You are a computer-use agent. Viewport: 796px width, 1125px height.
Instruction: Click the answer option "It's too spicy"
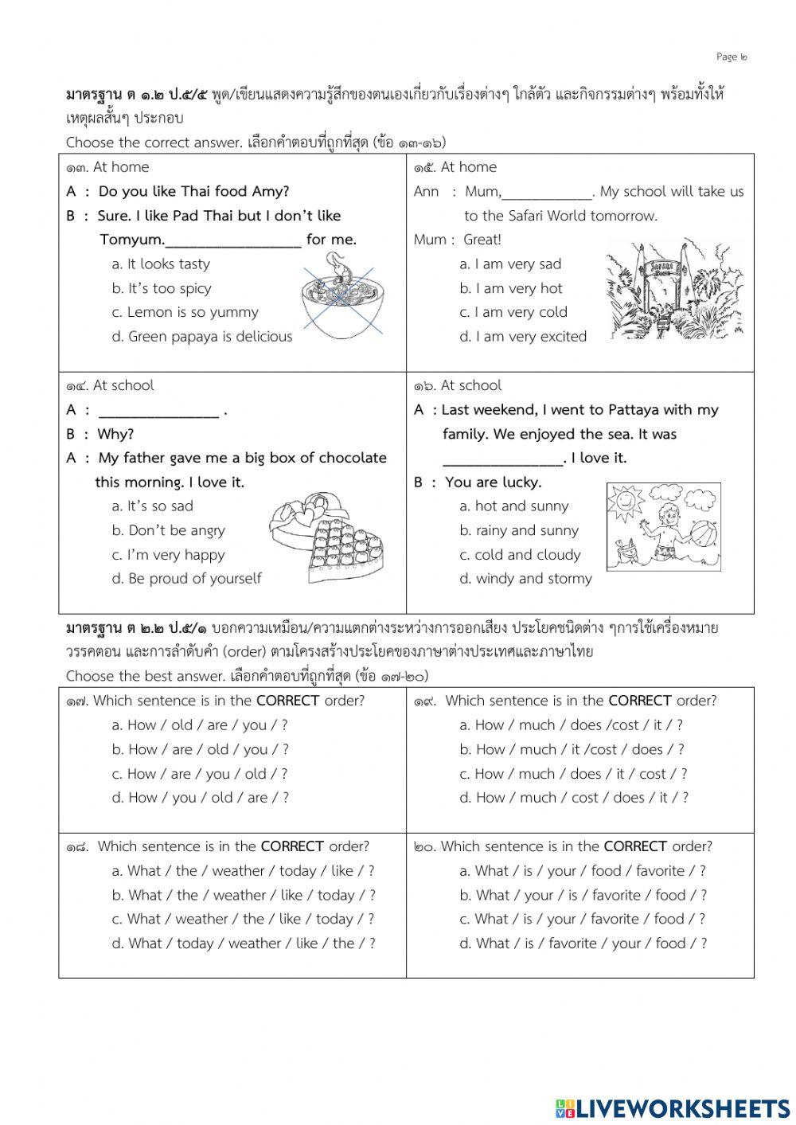pos(162,288)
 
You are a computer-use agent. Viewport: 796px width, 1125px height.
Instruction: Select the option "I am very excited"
pos(522,337)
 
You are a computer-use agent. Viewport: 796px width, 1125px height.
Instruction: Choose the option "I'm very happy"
pos(169,555)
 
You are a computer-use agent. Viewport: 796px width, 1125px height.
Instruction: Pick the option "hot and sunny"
pos(513,506)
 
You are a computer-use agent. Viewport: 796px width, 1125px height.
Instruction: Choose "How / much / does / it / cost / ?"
pos(572,774)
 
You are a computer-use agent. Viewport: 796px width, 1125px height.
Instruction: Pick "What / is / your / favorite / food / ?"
pos(582,919)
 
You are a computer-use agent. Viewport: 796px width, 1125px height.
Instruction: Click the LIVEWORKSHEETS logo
pos(673,1108)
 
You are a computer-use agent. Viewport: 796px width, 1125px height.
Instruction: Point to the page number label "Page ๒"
pos(732,57)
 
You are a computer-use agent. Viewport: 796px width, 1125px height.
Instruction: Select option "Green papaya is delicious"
pos(202,337)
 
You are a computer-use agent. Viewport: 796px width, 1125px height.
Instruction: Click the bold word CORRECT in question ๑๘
pos(292,846)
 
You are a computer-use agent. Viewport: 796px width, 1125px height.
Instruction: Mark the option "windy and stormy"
pos(525,579)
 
